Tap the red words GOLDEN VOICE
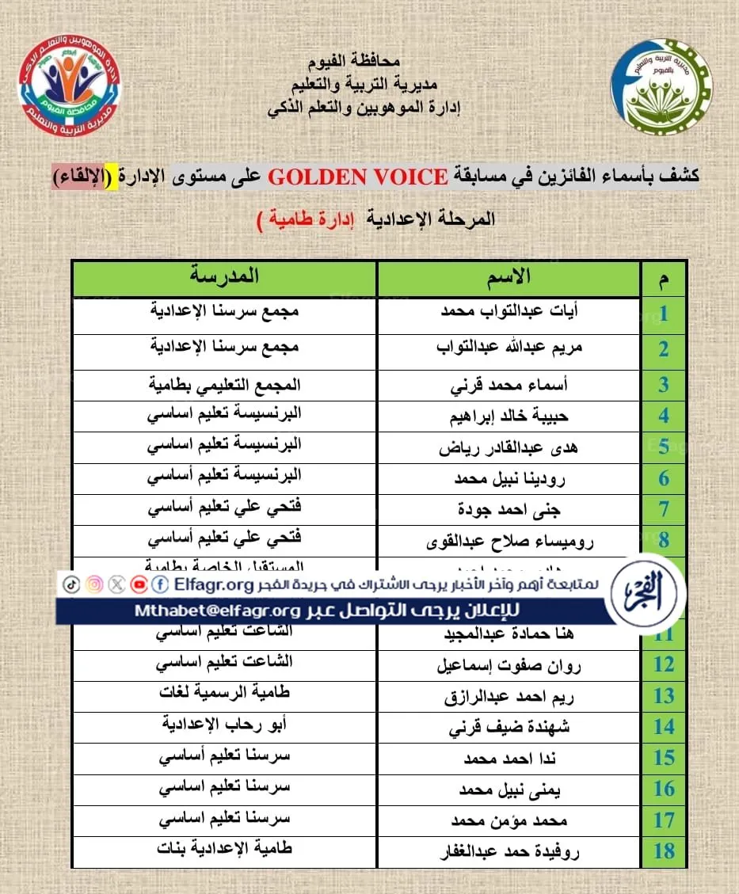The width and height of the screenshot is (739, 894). coord(357,177)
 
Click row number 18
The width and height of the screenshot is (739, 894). coord(664,851)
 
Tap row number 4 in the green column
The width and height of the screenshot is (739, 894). coord(664,416)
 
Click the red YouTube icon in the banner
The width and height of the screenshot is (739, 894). coord(139,584)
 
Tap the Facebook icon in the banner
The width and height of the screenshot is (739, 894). coord(161,584)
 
